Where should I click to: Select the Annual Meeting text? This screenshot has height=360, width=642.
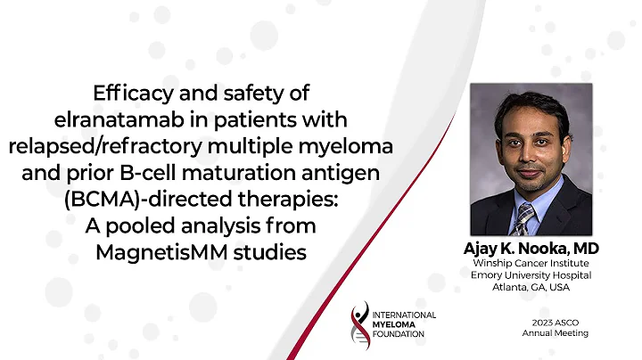[556, 333]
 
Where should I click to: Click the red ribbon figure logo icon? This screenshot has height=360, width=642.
[360, 324]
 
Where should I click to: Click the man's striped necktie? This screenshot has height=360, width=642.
[525, 218]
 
